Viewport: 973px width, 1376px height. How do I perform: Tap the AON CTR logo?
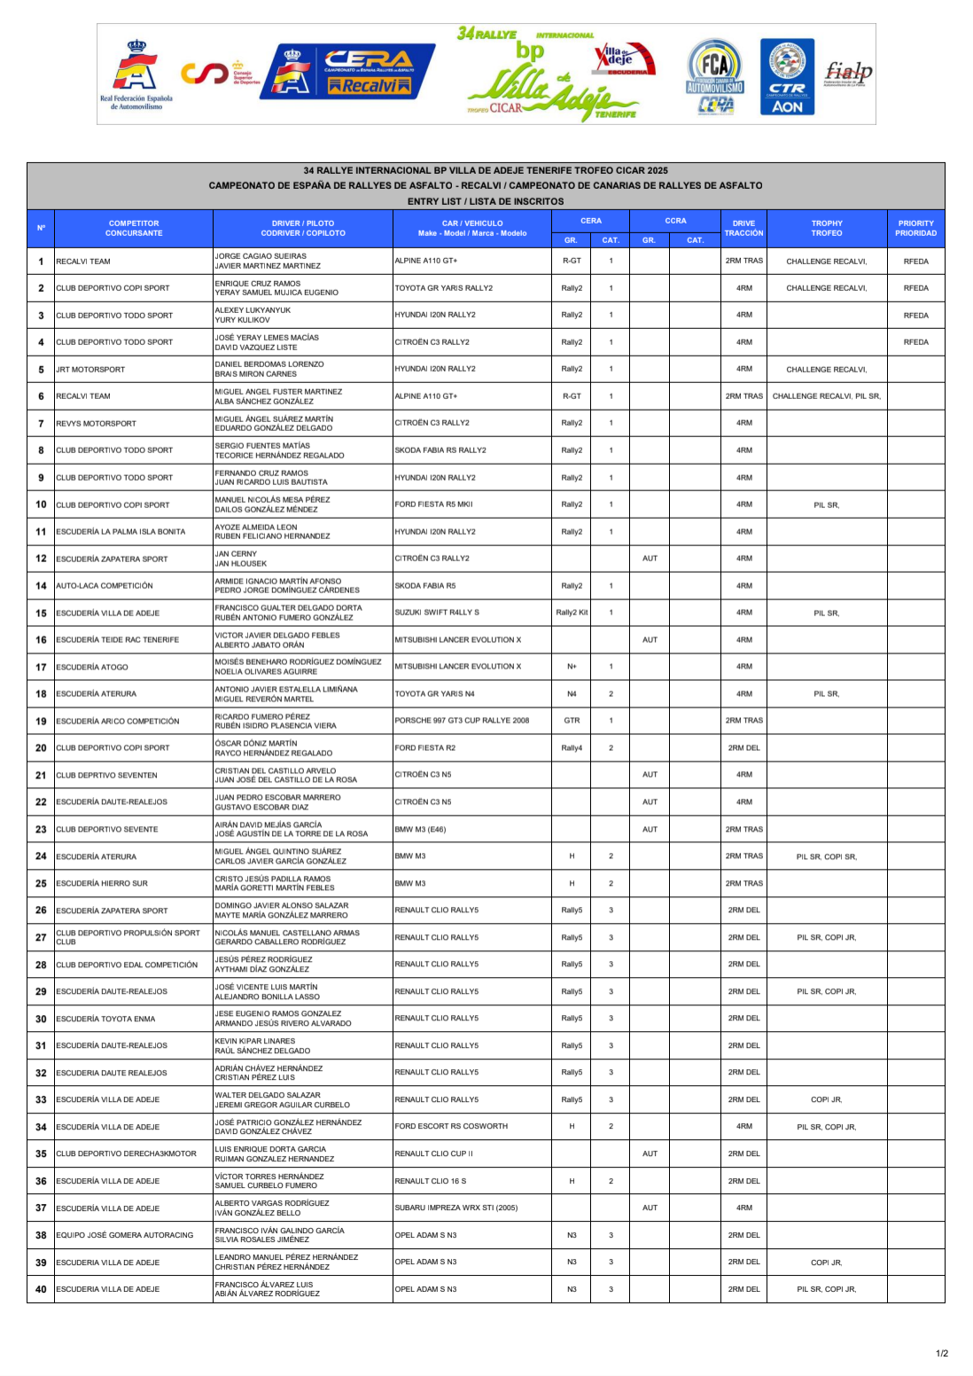787,77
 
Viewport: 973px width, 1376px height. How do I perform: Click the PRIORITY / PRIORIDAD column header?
915,229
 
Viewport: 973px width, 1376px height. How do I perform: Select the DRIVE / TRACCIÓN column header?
743,229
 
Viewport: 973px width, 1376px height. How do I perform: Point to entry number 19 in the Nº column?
41,721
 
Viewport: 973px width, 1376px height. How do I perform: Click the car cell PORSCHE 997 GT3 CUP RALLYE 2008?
462,721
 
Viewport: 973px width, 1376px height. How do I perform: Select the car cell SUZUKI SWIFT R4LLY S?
437,613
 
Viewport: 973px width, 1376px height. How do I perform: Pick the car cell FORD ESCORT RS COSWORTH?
451,1127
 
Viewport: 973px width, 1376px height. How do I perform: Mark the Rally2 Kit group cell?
572,613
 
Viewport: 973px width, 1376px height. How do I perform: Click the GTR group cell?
572,721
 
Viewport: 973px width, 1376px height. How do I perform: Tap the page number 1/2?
942,1353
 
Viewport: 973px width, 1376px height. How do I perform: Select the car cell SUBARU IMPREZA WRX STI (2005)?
456,1208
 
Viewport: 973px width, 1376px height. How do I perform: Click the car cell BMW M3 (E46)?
420,829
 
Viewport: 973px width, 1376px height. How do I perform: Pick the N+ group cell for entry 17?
572,667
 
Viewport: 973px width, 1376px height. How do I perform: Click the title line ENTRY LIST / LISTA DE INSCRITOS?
486,201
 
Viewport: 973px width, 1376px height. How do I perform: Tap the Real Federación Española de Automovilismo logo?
136,75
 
